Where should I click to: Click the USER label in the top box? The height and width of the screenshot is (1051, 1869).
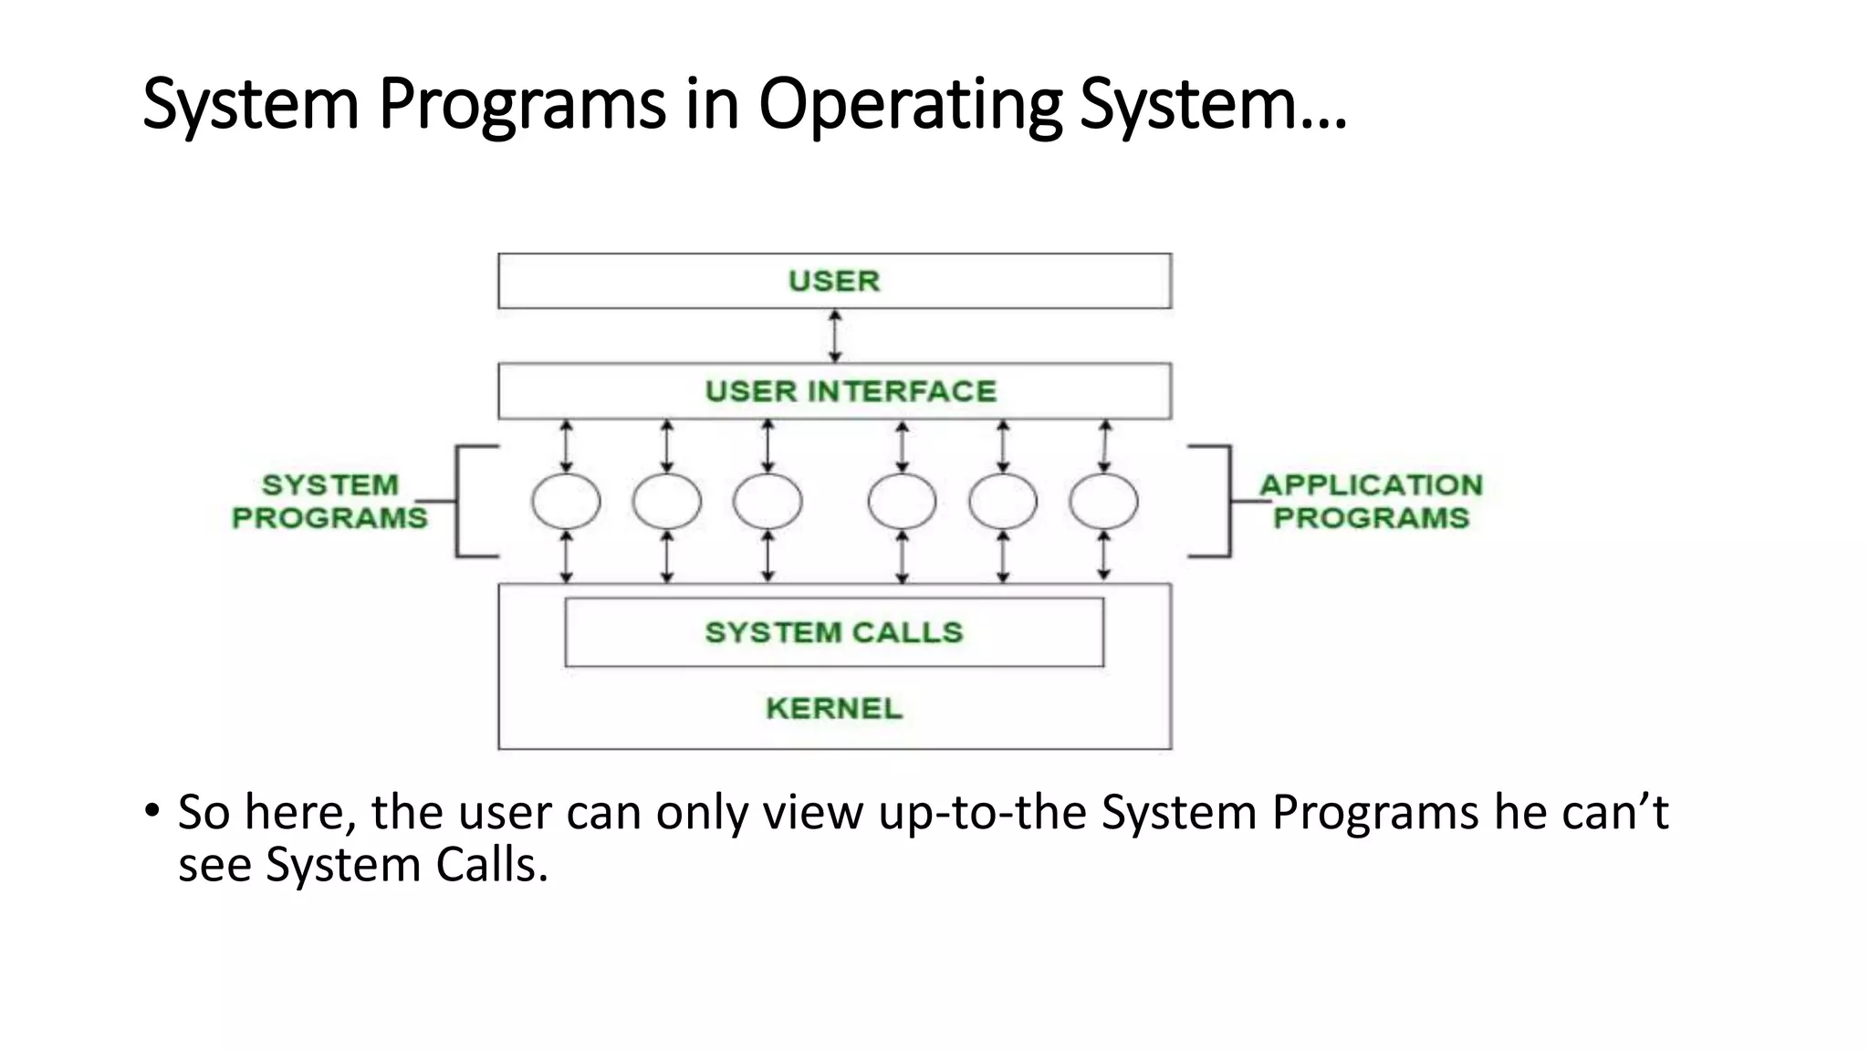pyautogui.click(x=834, y=281)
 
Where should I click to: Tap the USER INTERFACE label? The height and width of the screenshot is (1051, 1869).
pyautogui.click(x=851, y=391)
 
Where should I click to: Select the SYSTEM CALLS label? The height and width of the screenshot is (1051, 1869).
pyautogui.click(x=834, y=632)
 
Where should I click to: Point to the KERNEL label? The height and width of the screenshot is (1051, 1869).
pyautogui.click(x=834, y=708)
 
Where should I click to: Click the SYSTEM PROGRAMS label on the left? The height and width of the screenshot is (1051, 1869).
pyautogui.click(x=329, y=501)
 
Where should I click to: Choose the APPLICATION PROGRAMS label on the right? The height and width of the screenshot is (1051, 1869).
pyautogui.click(x=1371, y=501)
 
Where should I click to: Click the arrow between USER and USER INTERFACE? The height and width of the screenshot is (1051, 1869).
pyautogui.click(x=835, y=336)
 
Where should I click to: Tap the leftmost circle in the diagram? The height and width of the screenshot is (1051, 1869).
pyautogui.click(x=566, y=501)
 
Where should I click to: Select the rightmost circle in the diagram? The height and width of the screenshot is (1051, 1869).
pyautogui.click(x=1103, y=501)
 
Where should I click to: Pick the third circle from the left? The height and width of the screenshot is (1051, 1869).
pyautogui.click(x=767, y=501)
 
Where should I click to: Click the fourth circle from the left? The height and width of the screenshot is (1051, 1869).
pyautogui.click(x=902, y=501)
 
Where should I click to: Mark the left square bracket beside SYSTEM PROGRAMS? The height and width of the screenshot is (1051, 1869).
pyautogui.click(x=458, y=501)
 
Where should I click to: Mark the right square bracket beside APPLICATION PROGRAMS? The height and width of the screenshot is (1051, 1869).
pyautogui.click(x=1228, y=501)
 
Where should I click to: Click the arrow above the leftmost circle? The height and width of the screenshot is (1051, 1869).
pyautogui.click(x=567, y=446)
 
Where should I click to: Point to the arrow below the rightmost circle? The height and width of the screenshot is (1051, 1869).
pyautogui.click(x=1104, y=556)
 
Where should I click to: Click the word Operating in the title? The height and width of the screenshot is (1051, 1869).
pyautogui.click(x=910, y=105)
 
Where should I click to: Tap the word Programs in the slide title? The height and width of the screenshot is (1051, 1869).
pyautogui.click(x=522, y=105)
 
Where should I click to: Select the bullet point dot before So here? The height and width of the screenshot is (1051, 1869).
pyautogui.click(x=151, y=809)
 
